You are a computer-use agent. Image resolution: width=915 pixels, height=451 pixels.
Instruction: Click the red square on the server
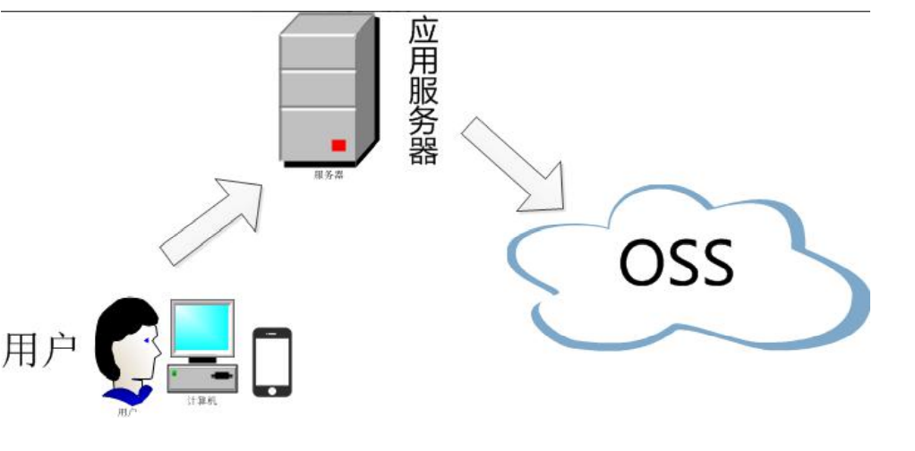tap(338, 145)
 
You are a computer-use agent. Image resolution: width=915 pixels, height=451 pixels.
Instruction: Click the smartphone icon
tap(271, 362)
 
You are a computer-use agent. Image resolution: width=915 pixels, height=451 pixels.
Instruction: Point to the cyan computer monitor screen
tap(202, 328)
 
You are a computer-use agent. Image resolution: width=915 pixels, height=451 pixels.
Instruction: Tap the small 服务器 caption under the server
tap(329, 175)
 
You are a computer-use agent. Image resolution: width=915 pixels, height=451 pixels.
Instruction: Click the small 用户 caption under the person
tap(127, 414)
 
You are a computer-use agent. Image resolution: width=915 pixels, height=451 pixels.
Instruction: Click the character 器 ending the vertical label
tap(423, 149)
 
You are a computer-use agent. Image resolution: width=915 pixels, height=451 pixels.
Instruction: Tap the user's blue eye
tap(149, 341)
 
